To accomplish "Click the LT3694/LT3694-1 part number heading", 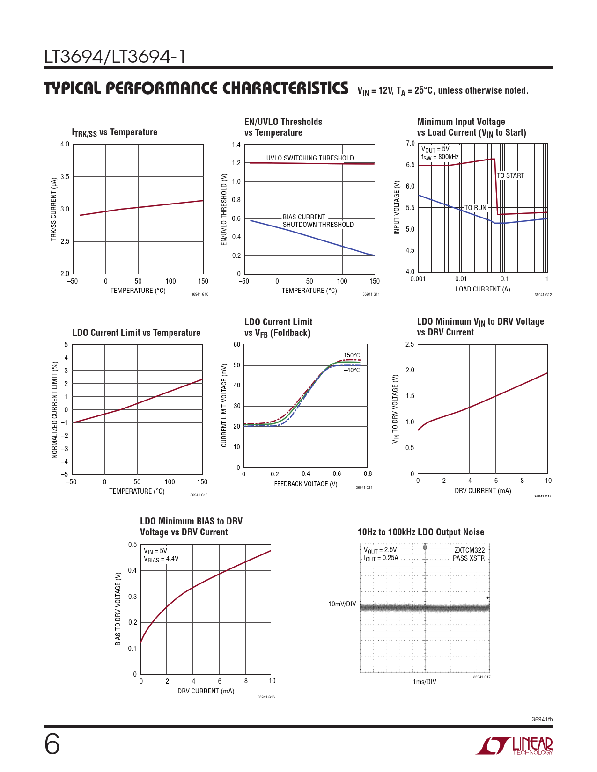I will click(115, 57).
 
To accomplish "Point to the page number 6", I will click(52, 744).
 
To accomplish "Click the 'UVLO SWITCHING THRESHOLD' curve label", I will click(310, 158).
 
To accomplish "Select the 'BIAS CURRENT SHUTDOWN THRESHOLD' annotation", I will click(318, 221).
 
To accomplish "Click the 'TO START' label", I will click(510, 175).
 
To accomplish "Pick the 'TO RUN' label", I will click(475, 208).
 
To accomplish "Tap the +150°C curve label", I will click(350, 356).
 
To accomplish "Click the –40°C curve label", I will click(352, 371).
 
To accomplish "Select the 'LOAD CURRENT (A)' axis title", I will click(483, 289).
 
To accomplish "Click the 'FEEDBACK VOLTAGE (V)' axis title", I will click(306, 484).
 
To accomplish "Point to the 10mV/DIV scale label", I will click(342, 604).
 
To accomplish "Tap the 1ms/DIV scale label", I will click(424, 682).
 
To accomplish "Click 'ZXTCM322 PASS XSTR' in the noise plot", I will click(469, 554).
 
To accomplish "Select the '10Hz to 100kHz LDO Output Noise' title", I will click(420, 532).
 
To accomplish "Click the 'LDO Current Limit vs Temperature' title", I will click(136, 333).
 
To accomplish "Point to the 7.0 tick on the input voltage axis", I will click(410, 143).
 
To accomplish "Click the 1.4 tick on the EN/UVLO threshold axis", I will click(236, 145).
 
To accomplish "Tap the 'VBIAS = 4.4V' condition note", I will click(161, 559).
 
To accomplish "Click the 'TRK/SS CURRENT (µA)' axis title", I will click(53, 209).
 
